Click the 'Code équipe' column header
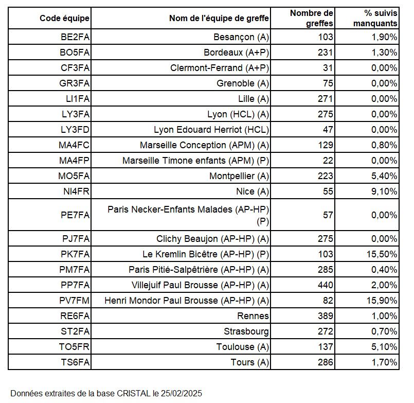[64, 19]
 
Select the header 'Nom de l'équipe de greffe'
[219, 19]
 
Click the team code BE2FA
[74, 37]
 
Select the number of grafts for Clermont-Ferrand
[328, 68]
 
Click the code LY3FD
[74, 130]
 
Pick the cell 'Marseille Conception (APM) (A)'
[204, 145]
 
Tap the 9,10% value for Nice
[384, 191]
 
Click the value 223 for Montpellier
[325, 176]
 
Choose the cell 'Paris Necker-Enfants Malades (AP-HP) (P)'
[188, 215]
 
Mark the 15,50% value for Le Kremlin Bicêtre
[382, 254]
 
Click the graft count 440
[325, 285]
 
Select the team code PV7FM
[74, 301]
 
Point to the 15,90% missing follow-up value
[382, 301]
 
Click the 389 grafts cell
[325, 316]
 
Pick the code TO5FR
[74, 347]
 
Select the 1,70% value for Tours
[384, 362]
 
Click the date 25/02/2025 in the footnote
[181, 393]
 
